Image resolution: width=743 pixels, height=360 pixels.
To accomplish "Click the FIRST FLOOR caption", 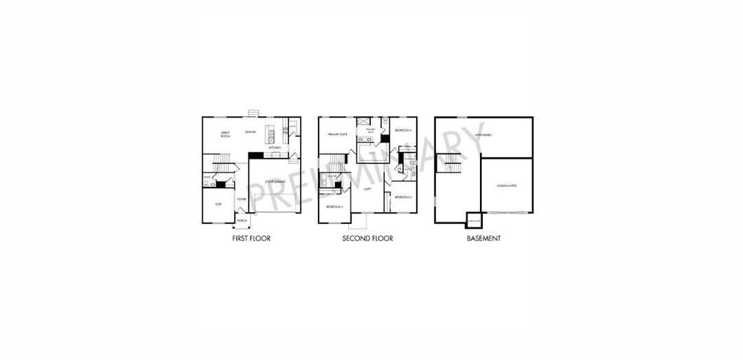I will click(x=251, y=239).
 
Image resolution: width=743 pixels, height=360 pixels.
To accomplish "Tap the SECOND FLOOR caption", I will click(x=367, y=239).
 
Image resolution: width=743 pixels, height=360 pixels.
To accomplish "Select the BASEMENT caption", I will click(x=483, y=239).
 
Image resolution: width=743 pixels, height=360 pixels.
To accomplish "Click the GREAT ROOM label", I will click(x=225, y=135).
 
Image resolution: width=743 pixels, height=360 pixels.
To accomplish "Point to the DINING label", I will click(x=251, y=132).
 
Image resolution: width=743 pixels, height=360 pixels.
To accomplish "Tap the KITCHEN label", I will click(x=274, y=148).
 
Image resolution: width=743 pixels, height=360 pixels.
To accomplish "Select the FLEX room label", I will click(x=218, y=204).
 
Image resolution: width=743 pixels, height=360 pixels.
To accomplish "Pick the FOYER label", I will click(x=241, y=199).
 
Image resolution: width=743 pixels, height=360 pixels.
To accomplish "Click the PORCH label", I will click(x=242, y=221).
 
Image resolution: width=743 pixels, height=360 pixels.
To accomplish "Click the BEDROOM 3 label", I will click(x=403, y=197).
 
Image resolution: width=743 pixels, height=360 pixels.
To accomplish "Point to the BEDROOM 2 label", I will click(x=334, y=207).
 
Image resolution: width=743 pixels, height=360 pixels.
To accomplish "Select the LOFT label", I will click(x=367, y=188).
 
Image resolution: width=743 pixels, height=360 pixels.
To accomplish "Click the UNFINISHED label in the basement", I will click(x=483, y=135).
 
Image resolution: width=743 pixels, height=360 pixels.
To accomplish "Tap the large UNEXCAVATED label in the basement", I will click(x=506, y=185).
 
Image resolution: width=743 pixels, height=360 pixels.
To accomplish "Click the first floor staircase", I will click(x=220, y=165).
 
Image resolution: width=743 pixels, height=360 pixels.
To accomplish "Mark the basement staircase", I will click(x=451, y=165).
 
